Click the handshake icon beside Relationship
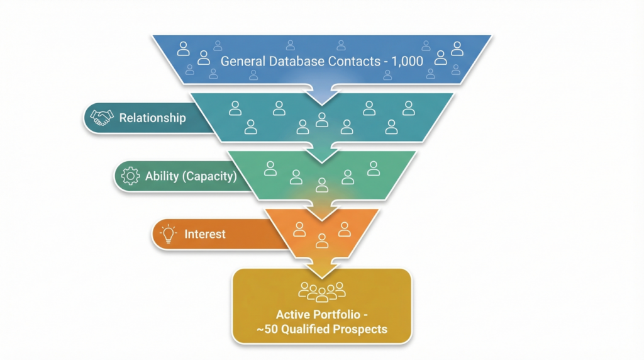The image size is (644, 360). click(x=101, y=118)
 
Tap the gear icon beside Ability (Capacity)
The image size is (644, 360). click(x=130, y=176)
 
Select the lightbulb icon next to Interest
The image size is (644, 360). click(x=168, y=234)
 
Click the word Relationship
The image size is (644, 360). click(x=152, y=118)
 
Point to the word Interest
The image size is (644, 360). click(x=205, y=234)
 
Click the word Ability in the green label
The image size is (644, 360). click(x=162, y=176)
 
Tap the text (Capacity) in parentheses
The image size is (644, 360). click(x=209, y=176)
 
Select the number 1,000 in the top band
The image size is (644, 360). click(x=407, y=62)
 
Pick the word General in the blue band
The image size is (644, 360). click(x=242, y=62)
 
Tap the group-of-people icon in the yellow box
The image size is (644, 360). click(x=322, y=291)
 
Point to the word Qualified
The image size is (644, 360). click(x=311, y=329)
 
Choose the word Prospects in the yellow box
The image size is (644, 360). click(x=362, y=329)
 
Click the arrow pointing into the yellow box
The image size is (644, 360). click(x=322, y=267)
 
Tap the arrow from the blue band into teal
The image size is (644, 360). click(x=322, y=93)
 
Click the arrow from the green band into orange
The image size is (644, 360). click(x=322, y=211)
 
